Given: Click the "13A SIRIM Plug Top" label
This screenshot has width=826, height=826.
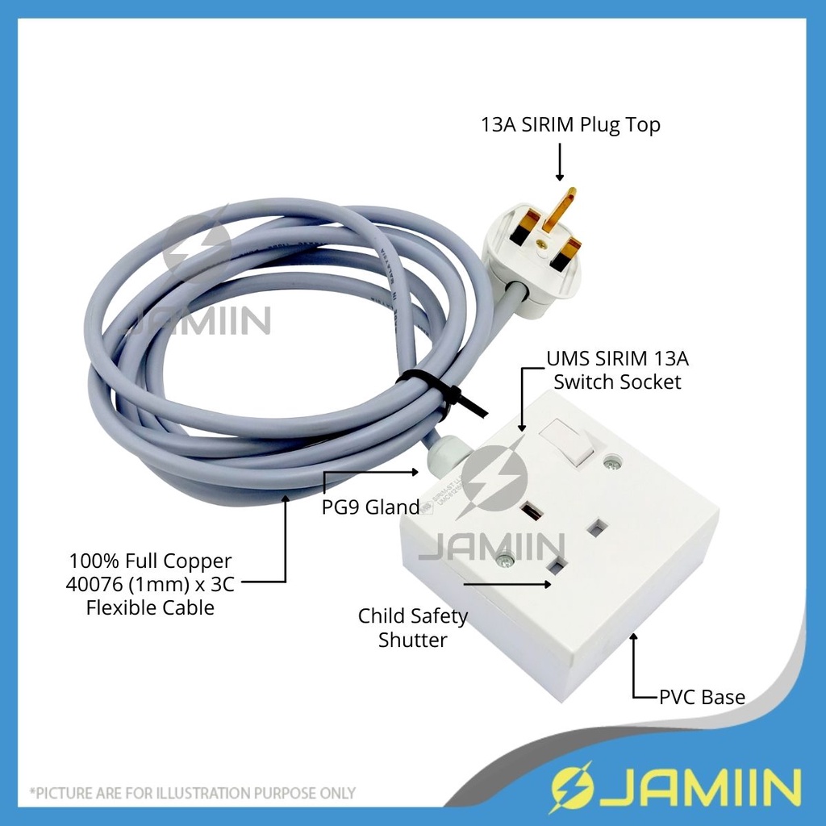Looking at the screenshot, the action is click(569, 126).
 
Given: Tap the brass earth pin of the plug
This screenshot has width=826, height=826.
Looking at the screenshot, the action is click(561, 209).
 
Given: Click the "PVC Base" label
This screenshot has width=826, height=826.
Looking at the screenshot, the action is click(701, 697).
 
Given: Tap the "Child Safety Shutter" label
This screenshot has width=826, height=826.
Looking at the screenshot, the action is click(413, 628).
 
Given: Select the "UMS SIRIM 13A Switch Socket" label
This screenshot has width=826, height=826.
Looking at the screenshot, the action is click(617, 369).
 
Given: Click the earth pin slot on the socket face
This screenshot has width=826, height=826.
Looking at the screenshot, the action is click(532, 511).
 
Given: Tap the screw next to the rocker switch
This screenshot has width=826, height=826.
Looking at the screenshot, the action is click(612, 462).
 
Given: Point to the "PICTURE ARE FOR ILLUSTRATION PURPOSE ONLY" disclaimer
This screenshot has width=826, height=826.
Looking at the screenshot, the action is click(193, 793).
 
